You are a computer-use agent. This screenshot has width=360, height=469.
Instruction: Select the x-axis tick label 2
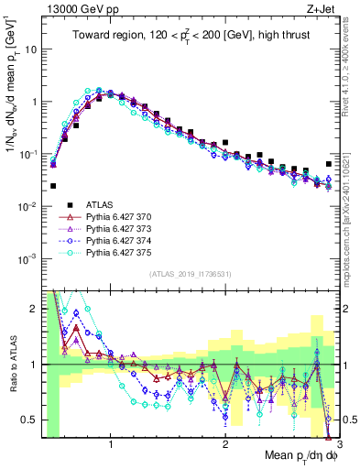pos(225,444)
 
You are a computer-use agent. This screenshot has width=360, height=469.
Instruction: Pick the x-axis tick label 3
pos(338,444)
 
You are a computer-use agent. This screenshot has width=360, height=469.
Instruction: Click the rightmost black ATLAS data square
pos(329,164)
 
